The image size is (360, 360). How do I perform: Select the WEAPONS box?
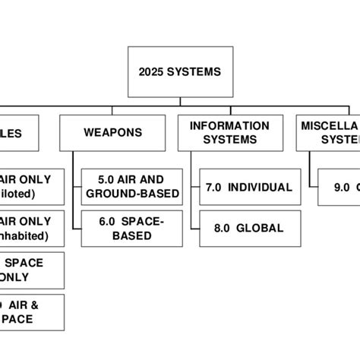113,133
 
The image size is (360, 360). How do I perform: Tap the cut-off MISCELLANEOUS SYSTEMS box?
330,133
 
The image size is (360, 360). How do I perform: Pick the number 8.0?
223,228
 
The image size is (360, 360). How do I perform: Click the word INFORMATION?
229,125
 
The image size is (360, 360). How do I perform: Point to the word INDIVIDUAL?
260,187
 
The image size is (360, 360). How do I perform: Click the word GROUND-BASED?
132,194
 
